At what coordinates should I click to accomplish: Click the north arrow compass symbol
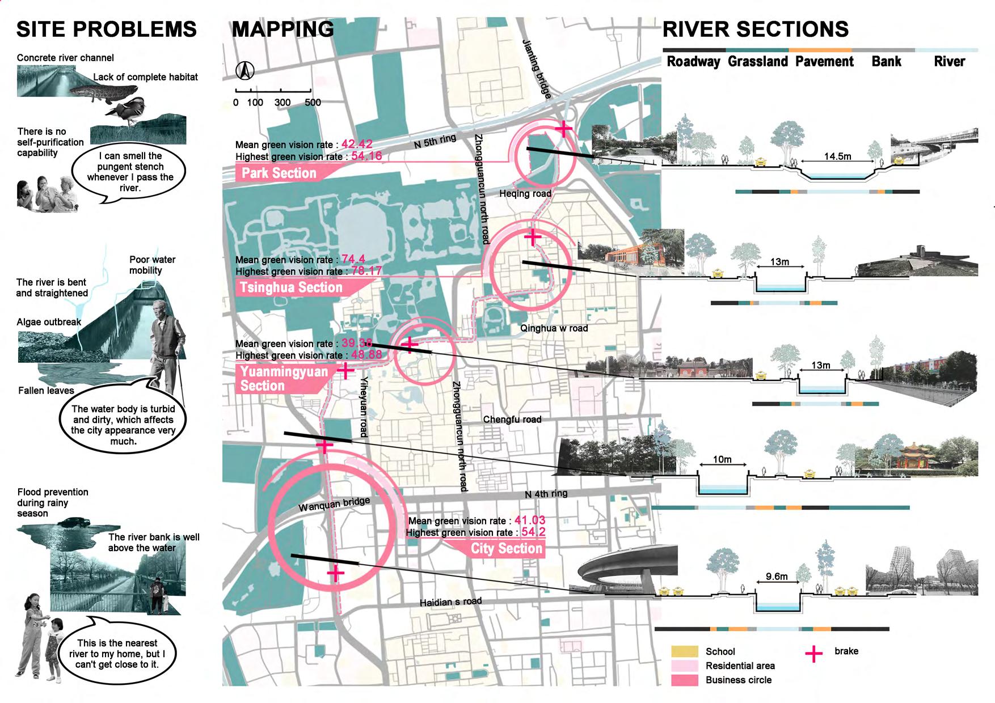tap(245, 71)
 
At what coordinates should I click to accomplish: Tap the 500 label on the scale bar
tap(313, 103)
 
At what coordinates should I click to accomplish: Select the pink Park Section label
tap(279, 173)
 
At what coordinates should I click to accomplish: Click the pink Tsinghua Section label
tap(291, 287)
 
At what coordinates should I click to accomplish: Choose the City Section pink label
tap(506, 548)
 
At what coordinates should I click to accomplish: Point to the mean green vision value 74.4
tap(353, 259)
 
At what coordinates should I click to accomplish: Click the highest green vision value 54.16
tap(366, 156)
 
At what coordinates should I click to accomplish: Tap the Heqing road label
tap(525, 194)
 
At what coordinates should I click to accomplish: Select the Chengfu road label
tap(512, 420)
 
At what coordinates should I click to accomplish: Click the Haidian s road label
tap(450, 602)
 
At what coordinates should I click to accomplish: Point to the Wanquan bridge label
tap(334, 504)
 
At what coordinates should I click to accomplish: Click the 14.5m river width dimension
tap(837, 156)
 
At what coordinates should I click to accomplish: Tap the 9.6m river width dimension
tap(777, 577)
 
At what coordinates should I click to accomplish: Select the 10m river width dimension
tap(722, 459)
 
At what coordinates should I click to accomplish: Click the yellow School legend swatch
tap(685, 651)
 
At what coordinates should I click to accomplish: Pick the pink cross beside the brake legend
tap(814, 654)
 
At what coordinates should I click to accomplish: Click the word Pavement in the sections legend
tap(824, 62)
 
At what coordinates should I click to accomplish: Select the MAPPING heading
tap(283, 29)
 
